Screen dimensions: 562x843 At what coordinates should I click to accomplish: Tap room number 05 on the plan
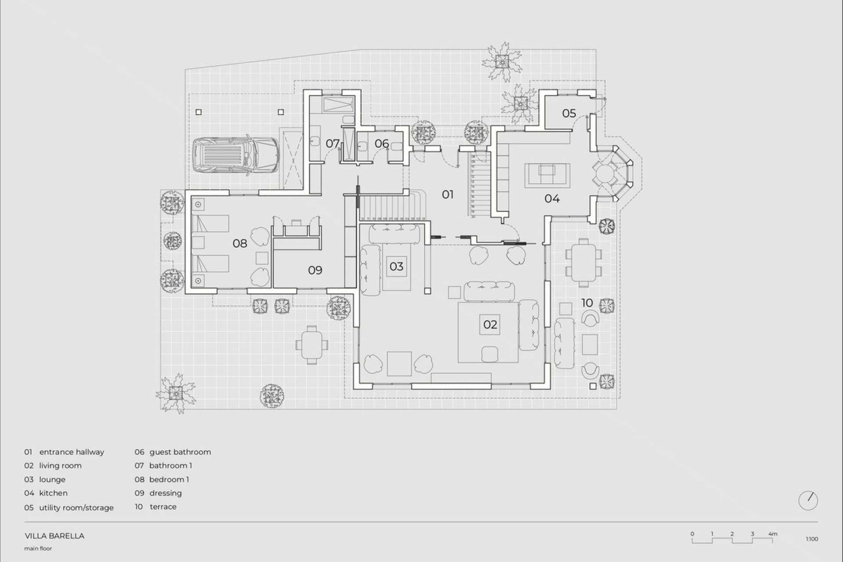[569, 113]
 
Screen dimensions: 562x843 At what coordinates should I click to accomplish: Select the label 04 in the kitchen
[551, 198]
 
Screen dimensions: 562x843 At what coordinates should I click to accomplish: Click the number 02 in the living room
[490, 324]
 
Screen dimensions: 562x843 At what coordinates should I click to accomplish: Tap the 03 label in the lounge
[396, 267]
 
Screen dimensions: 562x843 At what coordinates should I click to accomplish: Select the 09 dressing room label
[315, 270]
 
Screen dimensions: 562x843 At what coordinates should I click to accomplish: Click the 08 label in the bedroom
[240, 243]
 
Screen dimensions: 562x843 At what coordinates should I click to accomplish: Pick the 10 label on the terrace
[587, 303]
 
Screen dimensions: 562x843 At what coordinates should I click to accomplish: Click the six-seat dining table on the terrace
[583, 262]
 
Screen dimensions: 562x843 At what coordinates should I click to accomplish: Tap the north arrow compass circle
[808, 501]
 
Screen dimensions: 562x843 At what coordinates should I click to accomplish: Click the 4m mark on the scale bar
[773, 534]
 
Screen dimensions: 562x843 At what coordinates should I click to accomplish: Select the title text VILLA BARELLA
[54, 536]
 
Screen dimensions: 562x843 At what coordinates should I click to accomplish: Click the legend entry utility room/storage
[76, 508]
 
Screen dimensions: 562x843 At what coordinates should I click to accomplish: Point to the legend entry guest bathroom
[180, 452]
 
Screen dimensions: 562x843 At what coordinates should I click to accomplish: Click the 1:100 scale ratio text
[812, 539]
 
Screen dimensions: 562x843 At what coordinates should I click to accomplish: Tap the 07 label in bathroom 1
[332, 143]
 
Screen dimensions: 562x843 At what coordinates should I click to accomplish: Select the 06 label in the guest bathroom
[382, 143]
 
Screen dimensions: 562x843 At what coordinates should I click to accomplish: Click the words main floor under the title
[38, 548]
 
